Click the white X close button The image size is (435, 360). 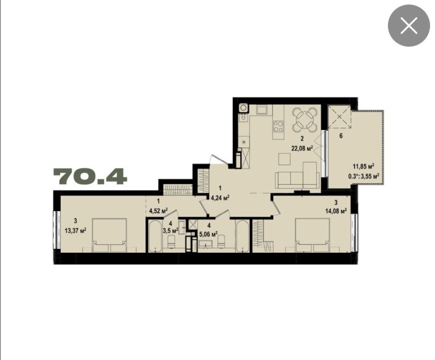[x=409, y=26]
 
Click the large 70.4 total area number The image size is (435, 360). [x=91, y=177]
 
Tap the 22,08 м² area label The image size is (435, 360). [x=302, y=147]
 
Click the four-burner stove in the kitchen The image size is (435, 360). [x=278, y=127]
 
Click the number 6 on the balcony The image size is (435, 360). [x=341, y=136]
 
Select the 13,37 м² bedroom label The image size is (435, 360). [x=74, y=230]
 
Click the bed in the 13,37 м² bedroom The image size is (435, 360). [x=110, y=236]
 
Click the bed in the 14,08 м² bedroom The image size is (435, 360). [x=312, y=236]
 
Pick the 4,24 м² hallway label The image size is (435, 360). [x=219, y=197]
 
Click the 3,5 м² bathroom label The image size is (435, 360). [x=171, y=231]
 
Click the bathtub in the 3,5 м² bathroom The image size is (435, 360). [x=153, y=237]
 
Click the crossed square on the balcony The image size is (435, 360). [x=339, y=116]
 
